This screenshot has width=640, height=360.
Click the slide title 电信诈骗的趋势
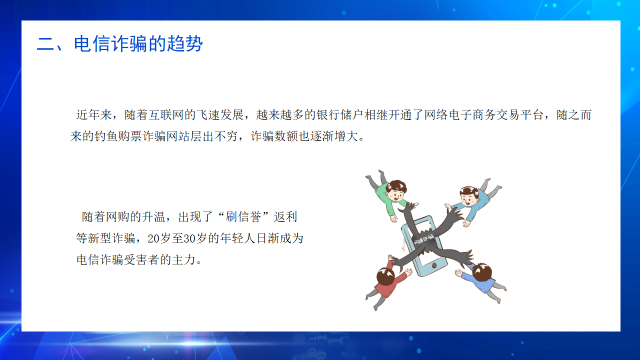tap(138, 43)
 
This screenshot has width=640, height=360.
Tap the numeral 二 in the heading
tap(45, 44)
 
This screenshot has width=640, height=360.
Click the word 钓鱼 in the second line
tap(106, 136)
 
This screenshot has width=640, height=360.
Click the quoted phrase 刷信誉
tap(243, 217)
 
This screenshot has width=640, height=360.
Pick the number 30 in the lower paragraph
tap(189, 238)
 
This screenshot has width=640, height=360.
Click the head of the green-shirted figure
tap(396, 190)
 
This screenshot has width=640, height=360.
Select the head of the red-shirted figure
tap(385, 275)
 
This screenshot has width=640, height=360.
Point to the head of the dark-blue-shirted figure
tap(482, 272)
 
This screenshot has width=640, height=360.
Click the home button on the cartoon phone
tap(434, 265)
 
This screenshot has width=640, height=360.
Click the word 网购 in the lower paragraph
tap(117, 217)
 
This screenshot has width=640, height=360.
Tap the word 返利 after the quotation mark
tap(285, 217)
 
